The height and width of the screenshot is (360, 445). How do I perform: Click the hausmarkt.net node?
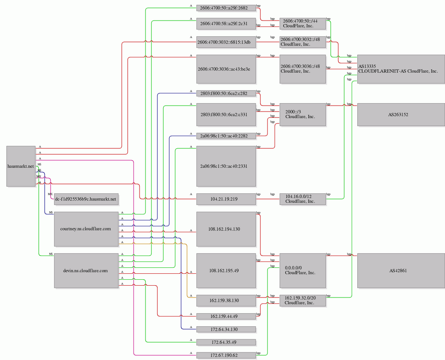tap(21, 166)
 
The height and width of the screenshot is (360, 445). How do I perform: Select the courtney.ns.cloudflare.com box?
tap(86, 229)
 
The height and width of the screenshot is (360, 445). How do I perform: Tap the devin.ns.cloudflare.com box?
tap(86, 271)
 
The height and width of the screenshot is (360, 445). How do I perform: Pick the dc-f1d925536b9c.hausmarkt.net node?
tap(86, 199)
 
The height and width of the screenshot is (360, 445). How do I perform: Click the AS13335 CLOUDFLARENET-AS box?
tap(401, 69)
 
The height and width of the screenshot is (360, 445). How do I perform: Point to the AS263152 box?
tap(401, 114)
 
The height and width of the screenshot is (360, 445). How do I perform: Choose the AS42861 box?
tap(401, 271)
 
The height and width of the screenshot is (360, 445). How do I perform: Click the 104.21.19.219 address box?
tap(226, 199)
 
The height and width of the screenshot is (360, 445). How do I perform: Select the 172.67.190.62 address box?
tap(226, 355)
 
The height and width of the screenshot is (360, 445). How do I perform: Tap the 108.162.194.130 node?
tap(226, 229)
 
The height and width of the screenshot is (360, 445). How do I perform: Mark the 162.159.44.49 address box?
tap(226, 316)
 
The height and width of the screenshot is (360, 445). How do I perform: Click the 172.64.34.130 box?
tap(226, 329)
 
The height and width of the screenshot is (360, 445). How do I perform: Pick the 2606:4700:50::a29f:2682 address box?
tap(226, 8)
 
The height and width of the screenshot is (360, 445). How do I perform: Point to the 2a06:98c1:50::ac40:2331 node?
tap(226, 166)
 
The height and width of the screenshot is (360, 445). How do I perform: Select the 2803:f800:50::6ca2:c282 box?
tap(226, 93)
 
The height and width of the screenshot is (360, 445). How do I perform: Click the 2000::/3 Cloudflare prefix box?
tap(303, 114)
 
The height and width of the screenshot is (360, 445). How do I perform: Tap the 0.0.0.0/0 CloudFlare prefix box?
tap(303, 271)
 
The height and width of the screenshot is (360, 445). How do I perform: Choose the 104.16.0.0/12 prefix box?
tap(303, 199)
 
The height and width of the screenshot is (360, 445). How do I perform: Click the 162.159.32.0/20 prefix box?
tap(303, 300)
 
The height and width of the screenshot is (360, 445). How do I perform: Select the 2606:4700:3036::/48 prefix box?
tap(303, 69)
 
